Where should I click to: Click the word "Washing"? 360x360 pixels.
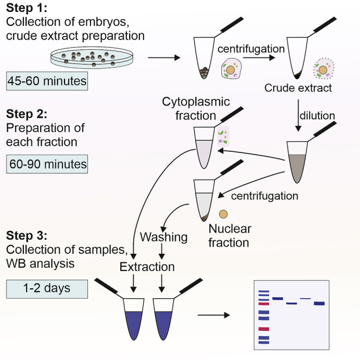pyautogui.click(x=164, y=237)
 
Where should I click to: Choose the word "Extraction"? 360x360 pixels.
pyautogui.click(x=147, y=267)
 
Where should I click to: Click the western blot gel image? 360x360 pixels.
pyautogui.click(x=292, y=316)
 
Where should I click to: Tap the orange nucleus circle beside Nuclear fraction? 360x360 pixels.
pyautogui.click(x=222, y=216)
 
